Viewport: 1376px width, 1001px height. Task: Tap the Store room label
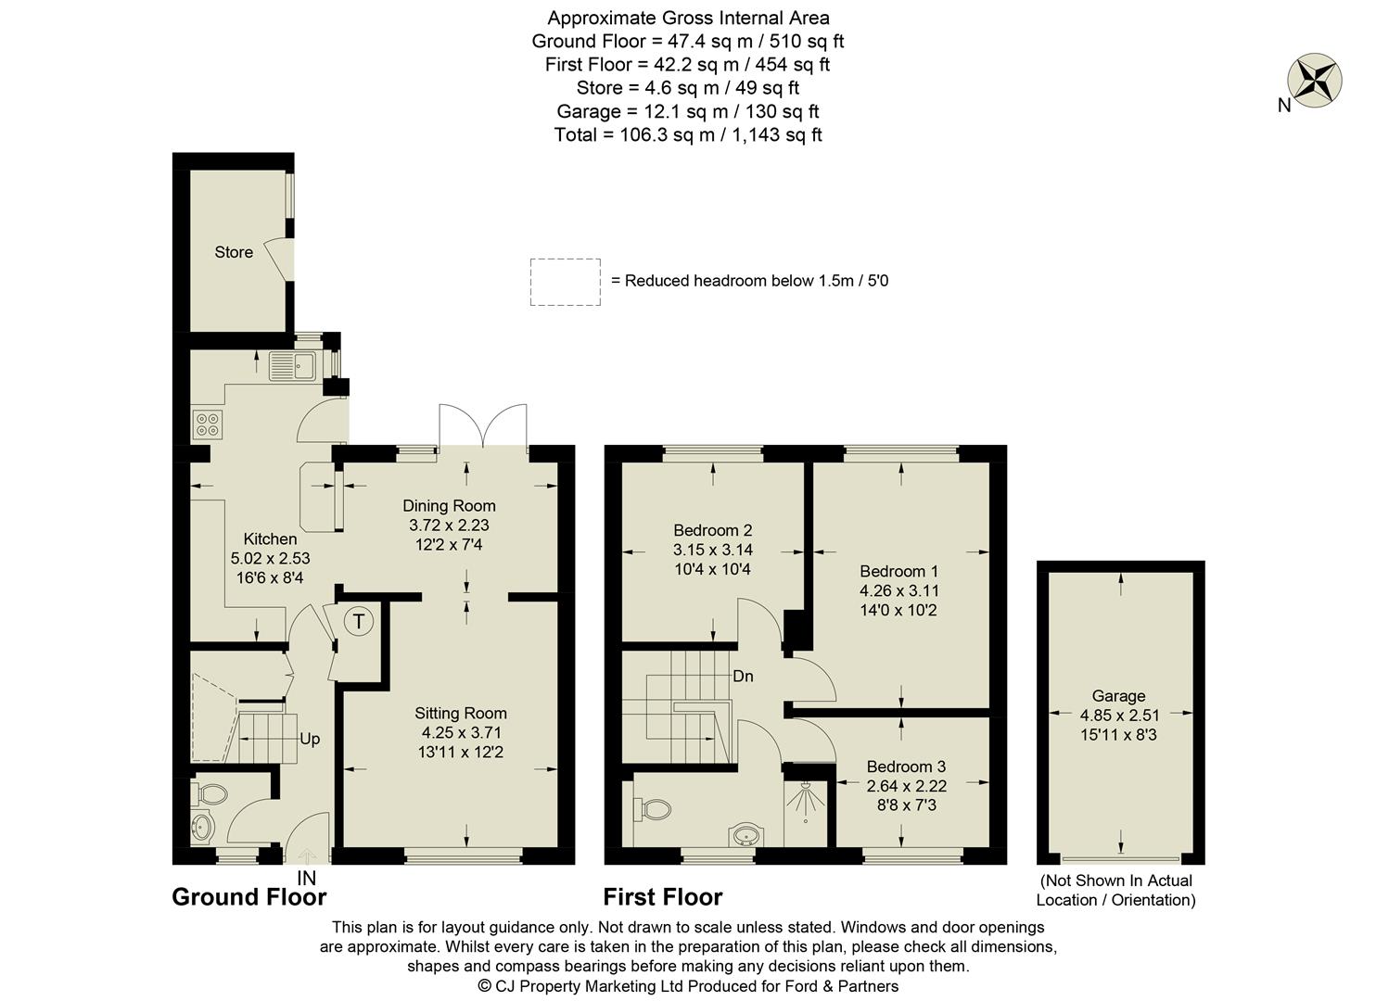(x=234, y=252)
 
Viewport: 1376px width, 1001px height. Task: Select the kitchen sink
(x=292, y=366)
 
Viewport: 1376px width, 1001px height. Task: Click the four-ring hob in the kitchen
(x=208, y=424)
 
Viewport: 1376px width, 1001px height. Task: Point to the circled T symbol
(x=359, y=621)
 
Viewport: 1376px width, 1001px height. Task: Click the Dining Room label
(x=449, y=506)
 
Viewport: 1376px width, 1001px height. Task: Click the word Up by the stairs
(x=310, y=739)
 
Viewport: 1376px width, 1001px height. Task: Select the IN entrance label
(x=306, y=878)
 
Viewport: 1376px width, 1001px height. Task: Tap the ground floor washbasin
(x=200, y=827)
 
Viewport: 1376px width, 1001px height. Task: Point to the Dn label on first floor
(x=743, y=677)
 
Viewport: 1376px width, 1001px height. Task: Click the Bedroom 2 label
(x=712, y=530)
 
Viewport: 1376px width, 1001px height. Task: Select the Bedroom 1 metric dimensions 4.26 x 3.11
(x=898, y=590)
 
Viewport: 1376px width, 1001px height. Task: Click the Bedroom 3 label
(x=906, y=767)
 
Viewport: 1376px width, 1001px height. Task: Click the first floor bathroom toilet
(x=654, y=809)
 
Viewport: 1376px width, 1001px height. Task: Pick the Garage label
(x=1118, y=696)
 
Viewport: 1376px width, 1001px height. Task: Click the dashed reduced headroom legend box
(x=565, y=282)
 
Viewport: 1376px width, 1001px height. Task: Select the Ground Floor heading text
(x=249, y=897)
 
